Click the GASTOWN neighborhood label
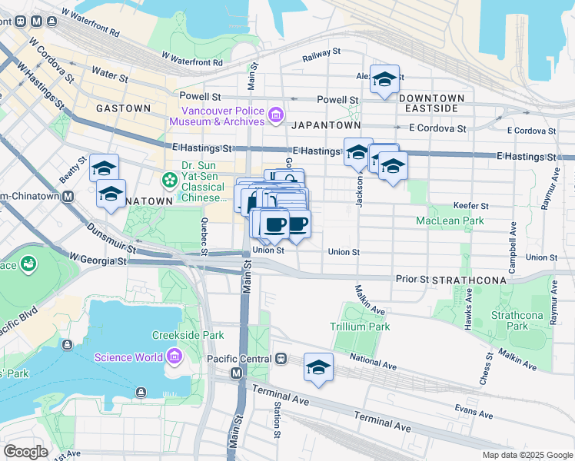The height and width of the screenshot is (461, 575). coord(123,108)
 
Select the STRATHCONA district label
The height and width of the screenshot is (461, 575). coord(469,280)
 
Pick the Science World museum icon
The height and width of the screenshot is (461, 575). coord(174,357)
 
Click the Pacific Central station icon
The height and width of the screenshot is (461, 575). coord(281,359)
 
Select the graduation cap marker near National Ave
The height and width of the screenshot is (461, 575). coord(318,366)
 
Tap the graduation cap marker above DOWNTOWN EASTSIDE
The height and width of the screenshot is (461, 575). coord(384,78)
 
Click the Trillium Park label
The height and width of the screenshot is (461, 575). coord(359,327)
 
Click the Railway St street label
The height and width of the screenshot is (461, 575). coord(321,53)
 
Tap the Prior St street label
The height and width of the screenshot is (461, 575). coord(412,279)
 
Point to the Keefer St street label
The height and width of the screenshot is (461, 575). coord(472,206)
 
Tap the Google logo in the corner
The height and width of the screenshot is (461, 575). coord(26,451)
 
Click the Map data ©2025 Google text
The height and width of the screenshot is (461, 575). coord(527,455)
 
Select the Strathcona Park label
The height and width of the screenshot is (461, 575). coord(517,320)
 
